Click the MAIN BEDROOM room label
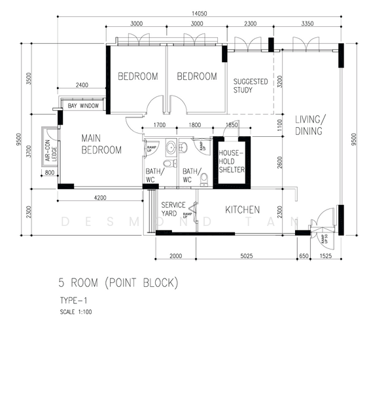[101, 144]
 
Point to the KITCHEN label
[243, 210]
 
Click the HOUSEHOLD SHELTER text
[232, 161]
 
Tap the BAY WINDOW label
[84, 105]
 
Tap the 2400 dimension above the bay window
[82, 85]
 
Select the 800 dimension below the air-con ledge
[50, 173]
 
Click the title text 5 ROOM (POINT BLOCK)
[118, 283]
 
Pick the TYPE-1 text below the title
[73, 300]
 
